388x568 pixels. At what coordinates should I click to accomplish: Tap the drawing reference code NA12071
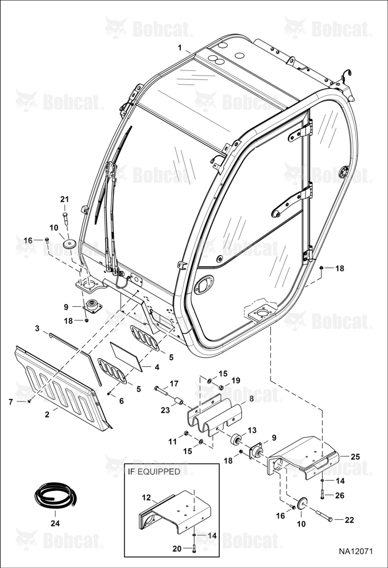pos(356,552)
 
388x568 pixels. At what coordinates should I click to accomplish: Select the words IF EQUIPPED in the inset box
pos(154,471)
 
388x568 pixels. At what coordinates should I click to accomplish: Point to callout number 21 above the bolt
pos(65,199)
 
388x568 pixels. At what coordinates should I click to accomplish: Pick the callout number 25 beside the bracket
pos(356,457)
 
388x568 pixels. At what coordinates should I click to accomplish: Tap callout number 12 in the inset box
pos(146,498)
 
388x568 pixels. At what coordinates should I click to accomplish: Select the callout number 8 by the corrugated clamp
pos(251,399)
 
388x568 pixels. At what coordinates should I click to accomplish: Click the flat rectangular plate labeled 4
pos(126,357)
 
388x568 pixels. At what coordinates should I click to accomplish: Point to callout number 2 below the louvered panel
pos(47,415)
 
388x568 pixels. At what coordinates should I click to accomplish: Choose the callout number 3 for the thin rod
pos(38,328)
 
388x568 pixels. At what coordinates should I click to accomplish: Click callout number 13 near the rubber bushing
pos(252,430)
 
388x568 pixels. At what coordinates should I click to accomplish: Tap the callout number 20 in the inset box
pos(177,549)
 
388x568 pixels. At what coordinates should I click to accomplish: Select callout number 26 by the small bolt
pos(340,495)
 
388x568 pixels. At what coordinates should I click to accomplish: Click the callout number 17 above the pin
pos(174,383)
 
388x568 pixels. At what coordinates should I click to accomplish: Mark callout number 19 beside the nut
pos(236,381)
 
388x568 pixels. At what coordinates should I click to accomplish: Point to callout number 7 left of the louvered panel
pos(11,402)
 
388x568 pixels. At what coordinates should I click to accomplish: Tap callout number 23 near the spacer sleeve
pos(166,411)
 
